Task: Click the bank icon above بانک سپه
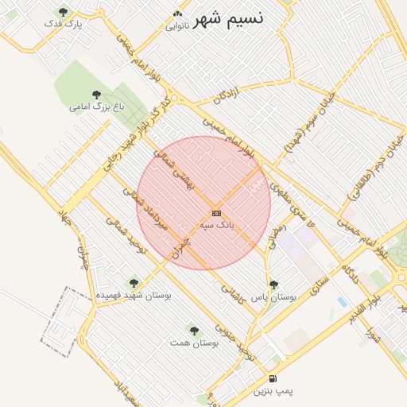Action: click(216, 214)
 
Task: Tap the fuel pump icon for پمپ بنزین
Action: click(273, 379)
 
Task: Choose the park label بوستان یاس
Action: click(273, 296)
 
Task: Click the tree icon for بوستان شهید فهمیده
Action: click(133, 282)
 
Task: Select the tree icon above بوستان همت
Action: click(193, 329)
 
